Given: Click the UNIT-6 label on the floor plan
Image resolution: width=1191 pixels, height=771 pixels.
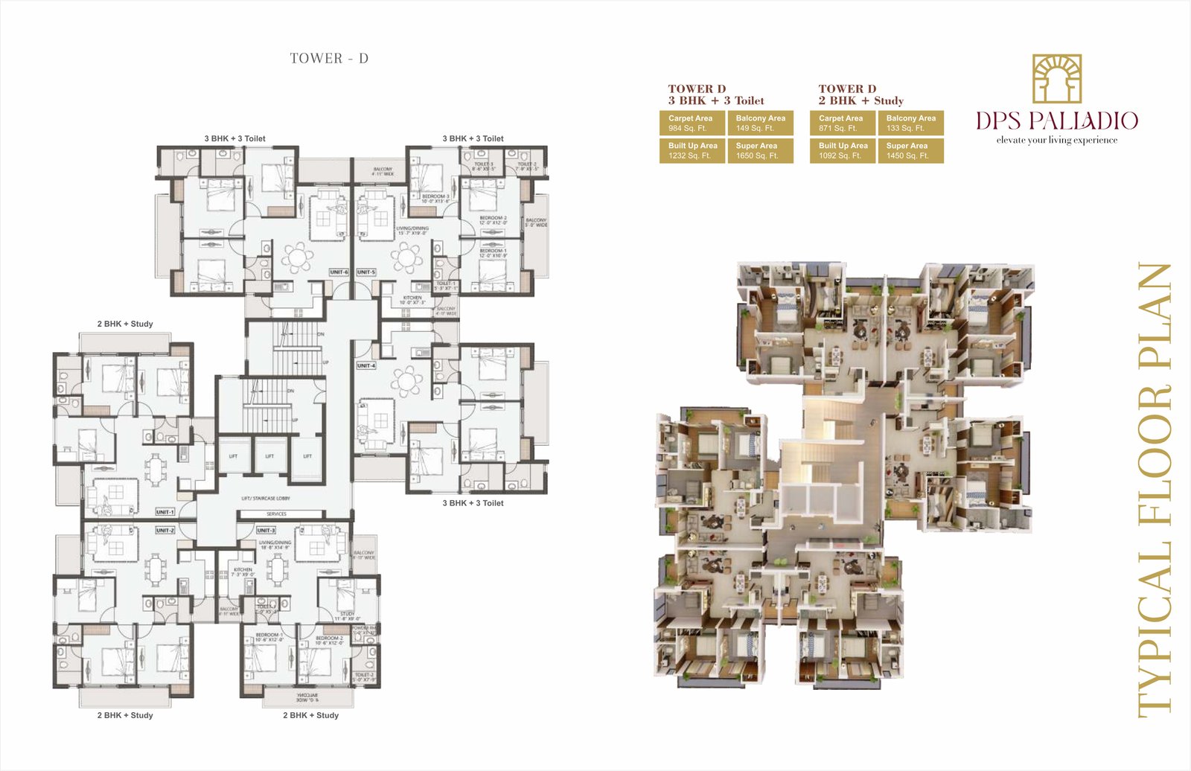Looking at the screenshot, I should point(339,272).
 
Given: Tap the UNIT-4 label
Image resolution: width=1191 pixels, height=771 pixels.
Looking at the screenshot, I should point(366,365).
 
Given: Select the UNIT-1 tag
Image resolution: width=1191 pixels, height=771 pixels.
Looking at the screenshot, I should point(165,512).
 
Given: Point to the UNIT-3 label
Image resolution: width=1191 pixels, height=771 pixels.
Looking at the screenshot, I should point(266,530).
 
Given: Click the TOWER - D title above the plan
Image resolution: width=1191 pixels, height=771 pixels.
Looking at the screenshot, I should point(329,58).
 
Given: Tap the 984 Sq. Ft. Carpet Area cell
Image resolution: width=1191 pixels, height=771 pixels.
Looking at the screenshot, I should point(692,123).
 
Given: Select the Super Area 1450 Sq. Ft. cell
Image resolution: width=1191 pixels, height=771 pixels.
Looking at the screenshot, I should point(910,150).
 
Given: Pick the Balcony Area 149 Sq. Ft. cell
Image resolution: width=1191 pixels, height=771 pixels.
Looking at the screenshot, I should point(760,123).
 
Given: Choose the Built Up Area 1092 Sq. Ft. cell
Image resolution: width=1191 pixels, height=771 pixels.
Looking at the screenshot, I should point(843,150).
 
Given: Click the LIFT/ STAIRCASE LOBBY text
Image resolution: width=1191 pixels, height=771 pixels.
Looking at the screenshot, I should point(266,498).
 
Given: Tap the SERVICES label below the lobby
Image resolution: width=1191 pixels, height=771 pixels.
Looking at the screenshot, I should point(277,514).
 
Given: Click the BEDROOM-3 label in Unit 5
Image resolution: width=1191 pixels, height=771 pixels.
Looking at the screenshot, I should point(435,199).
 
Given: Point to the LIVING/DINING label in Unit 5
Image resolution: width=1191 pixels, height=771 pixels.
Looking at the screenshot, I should point(412,231).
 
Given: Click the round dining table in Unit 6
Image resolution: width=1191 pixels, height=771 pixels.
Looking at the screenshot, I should point(298,258).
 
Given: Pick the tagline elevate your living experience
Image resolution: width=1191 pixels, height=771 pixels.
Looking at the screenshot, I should point(1056,140).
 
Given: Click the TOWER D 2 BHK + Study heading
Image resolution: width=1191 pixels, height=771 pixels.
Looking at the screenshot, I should point(860,95).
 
